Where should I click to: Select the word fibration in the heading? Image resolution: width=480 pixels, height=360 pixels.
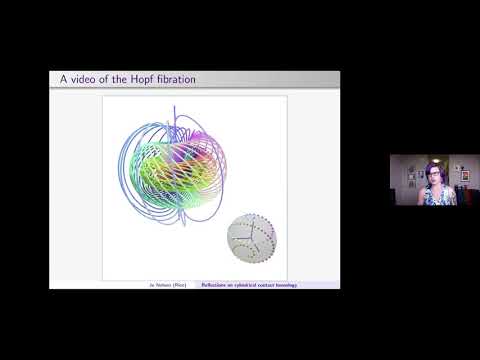[176, 80]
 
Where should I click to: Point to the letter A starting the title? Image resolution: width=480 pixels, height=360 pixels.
[56, 80]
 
